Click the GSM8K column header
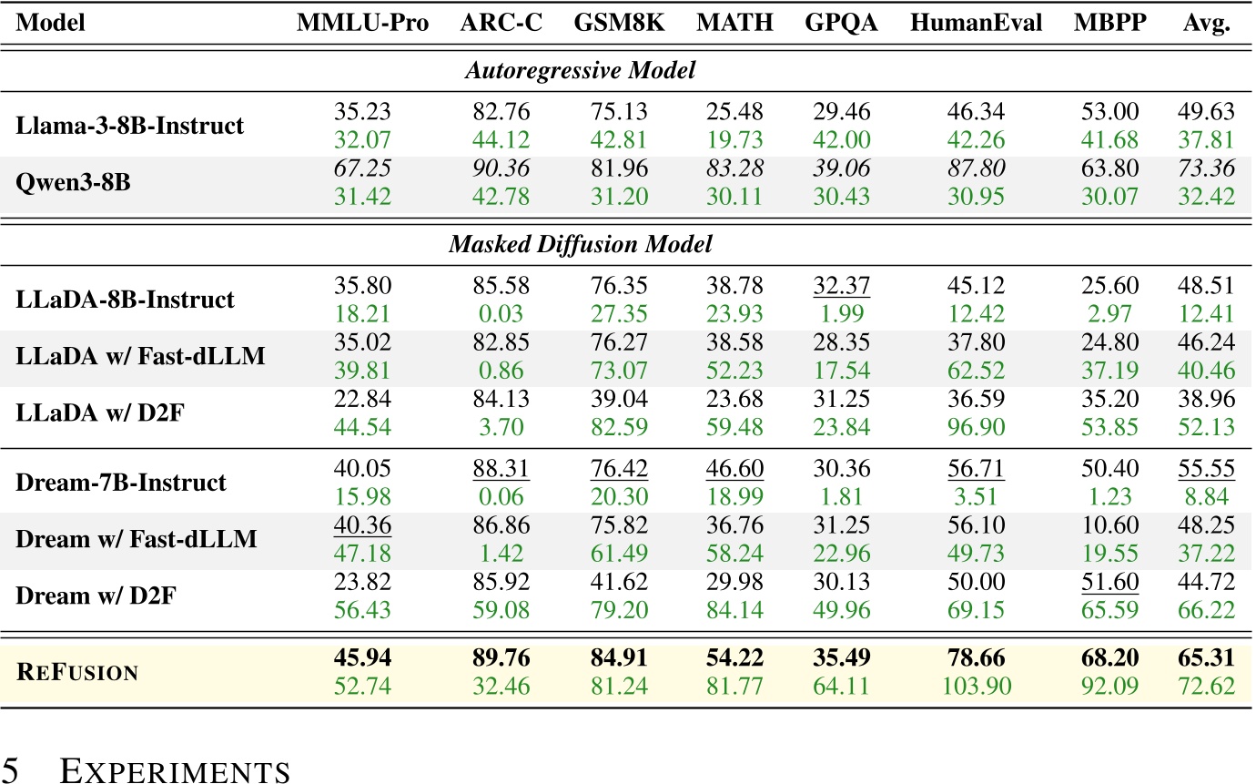(619, 22)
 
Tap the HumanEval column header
(976, 22)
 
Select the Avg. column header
(1206, 22)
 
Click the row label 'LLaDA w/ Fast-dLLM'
(140, 355)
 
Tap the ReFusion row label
(77, 672)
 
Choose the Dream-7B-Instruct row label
(121, 482)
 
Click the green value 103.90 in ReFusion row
(976, 686)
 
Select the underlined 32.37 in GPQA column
(837, 287)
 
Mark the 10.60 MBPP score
(1105, 526)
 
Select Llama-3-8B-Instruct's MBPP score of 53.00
(1105, 112)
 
